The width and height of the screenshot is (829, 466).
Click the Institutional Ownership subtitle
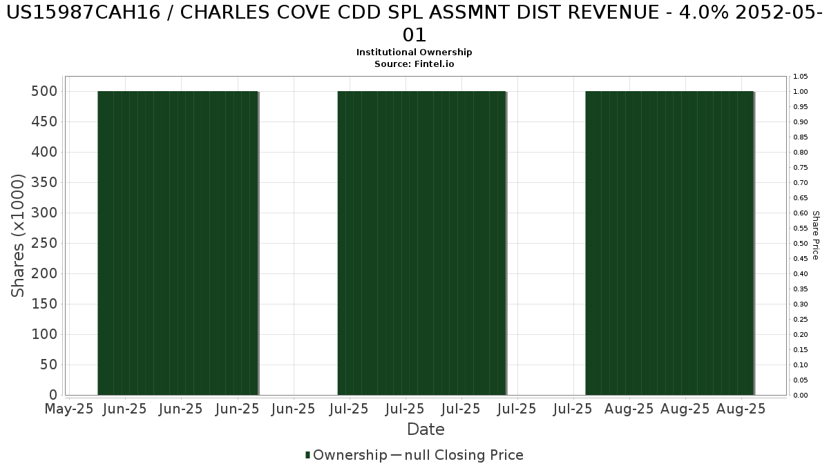(x=414, y=52)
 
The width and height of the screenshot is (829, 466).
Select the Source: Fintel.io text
(x=414, y=64)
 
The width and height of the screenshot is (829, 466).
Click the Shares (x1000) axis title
(x=19, y=235)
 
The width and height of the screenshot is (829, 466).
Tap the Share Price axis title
(x=815, y=235)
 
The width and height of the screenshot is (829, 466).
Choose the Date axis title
(x=426, y=429)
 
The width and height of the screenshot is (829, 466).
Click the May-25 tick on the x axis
(x=68, y=409)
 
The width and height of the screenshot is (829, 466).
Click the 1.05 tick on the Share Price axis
(x=801, y=77)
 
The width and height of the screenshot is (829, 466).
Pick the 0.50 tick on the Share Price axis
(x=801, y=244)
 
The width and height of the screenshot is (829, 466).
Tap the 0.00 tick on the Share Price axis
(x=801, y=396)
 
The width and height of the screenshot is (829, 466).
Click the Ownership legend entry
(x=346, y=455)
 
